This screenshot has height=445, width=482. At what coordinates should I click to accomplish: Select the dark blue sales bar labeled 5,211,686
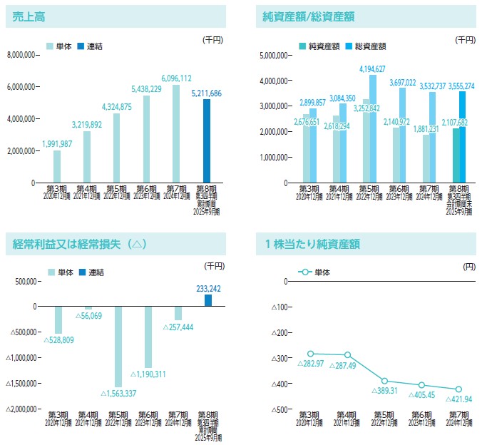[x=206, y=140]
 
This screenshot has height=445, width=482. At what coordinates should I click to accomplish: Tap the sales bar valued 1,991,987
[x=57, y=166]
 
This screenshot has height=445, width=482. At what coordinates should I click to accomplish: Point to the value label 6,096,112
[x=176, y=78]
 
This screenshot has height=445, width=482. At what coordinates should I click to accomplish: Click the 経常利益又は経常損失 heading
[x=80, y=243]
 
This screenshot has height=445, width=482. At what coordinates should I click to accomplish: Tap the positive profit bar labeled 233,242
[x=207, y=300]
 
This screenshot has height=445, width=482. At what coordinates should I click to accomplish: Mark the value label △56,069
[x=87, y=316]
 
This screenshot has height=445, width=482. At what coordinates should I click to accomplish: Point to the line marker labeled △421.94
[x=458, y=389]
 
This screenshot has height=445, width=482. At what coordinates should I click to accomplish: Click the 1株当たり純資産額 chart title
[x=312, y=243]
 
